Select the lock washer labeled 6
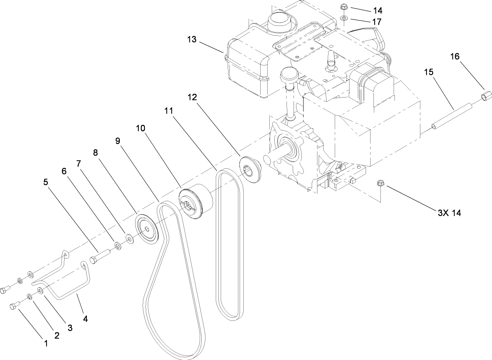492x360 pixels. point(118,246)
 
